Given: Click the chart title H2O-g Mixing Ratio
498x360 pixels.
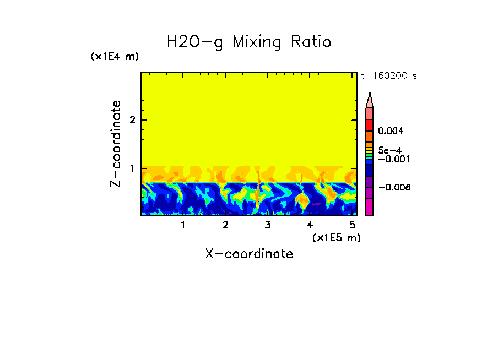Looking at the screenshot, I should point(249,42).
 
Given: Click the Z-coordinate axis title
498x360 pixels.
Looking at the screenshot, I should point(116,144).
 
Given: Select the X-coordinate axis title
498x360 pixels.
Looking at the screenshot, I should point(249,254).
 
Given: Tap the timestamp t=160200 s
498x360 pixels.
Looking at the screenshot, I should point(388,76).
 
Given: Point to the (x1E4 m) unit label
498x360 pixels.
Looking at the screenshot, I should point(115,57).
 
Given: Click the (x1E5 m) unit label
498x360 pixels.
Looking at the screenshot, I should point(336,237).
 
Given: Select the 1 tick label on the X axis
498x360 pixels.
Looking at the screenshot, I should point(183,225).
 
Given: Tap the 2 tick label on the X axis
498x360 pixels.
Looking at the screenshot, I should point(225,225).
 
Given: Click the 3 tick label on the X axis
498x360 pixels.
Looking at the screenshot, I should point(268,225).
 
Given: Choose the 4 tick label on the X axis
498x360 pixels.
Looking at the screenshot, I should point(310,225).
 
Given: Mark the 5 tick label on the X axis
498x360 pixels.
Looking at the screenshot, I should point(352,225).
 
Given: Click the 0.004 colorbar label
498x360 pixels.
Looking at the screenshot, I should point(391,131).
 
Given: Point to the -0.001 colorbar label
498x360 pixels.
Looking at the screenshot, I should point(393,159).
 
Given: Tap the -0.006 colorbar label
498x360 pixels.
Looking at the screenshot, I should point(393,188).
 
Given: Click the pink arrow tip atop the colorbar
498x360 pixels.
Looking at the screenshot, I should point(370,100).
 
